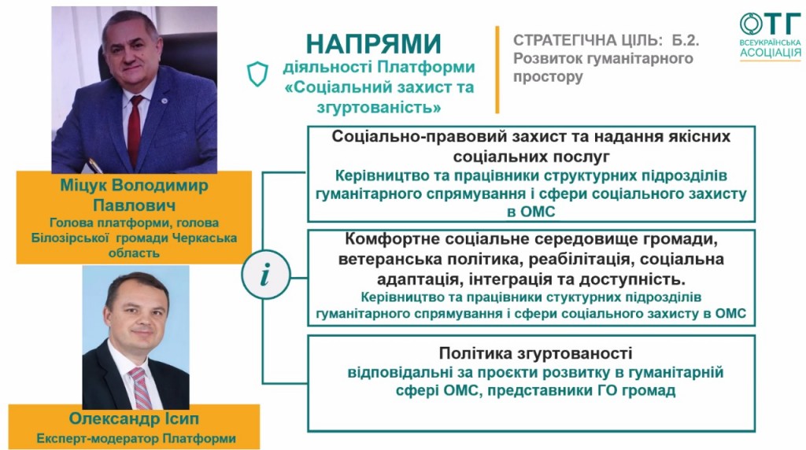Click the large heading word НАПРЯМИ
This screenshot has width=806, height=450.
click(374, 44)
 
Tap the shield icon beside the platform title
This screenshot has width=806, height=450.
click(257, 74)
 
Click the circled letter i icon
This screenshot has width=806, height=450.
click(266, 275)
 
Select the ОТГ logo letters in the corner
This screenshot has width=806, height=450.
click(770, 24)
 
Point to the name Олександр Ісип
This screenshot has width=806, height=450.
click(134, 419)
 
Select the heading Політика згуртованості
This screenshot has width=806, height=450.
click(535, 353)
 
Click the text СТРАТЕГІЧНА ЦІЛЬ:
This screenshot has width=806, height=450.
click(586, 40)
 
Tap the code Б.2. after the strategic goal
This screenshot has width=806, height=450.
click(686, 40)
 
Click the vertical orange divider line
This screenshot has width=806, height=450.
click(497, 69)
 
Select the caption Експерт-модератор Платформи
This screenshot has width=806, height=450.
click(136, 439)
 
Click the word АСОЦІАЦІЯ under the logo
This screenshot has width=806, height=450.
click(771, 53)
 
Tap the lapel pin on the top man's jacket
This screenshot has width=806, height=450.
click(164, 101)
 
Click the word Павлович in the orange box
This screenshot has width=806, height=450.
click(134, 205)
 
